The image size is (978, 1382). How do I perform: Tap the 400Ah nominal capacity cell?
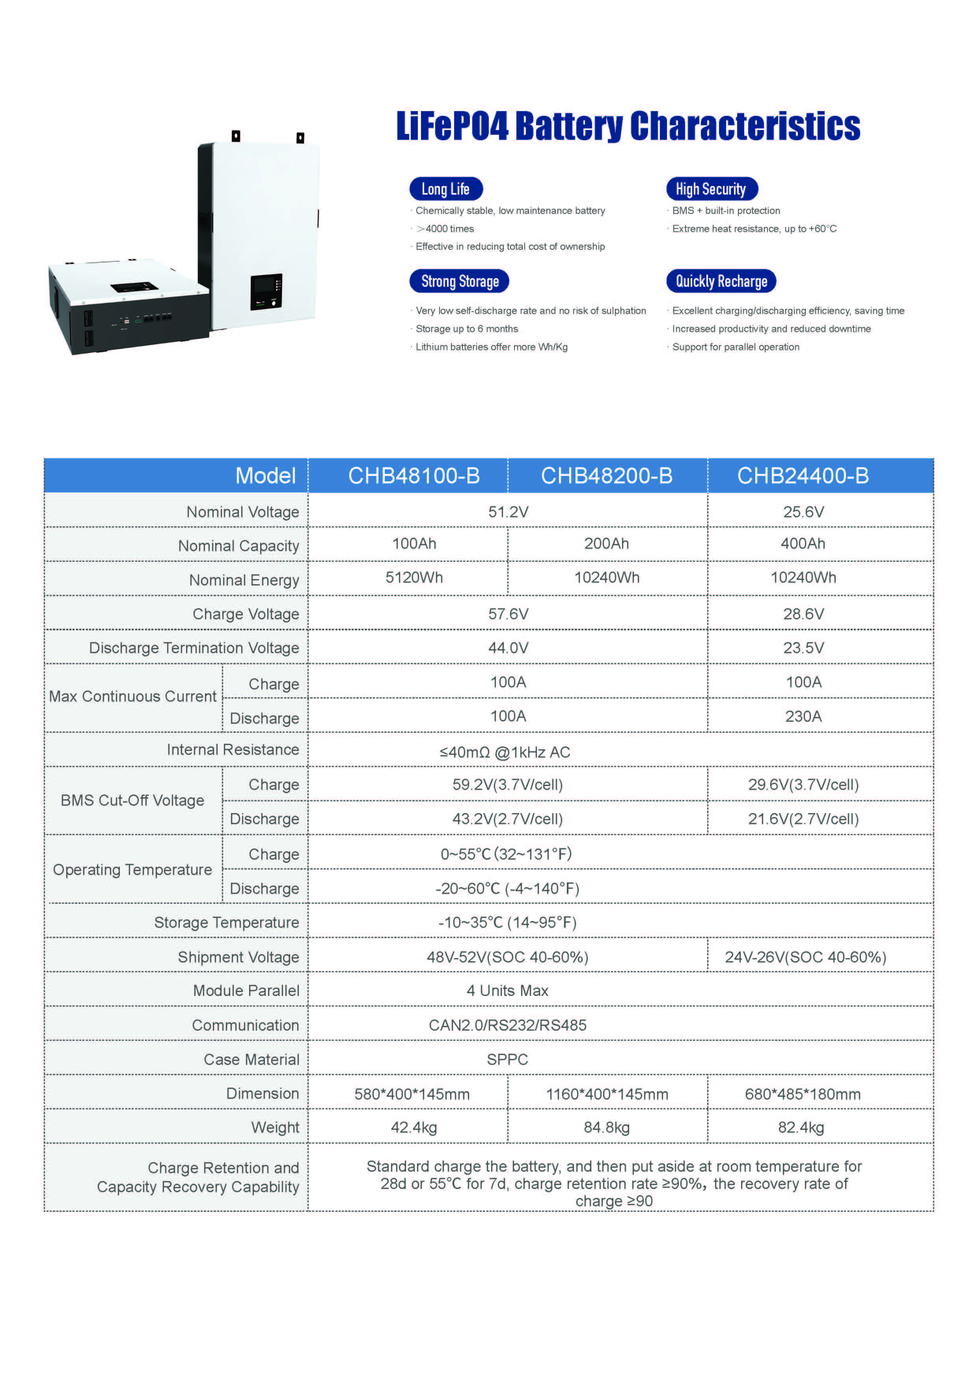(x=803, y=544)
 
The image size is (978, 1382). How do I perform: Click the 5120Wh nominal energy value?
(x=414, y=578)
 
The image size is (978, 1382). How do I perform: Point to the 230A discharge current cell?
(x=803, y=716)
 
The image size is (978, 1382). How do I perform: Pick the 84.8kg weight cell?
(x=606, y=1128)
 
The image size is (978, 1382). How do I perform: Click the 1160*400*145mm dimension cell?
(x=606, y=1094)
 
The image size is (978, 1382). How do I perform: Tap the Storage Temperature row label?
(x=226, y=922)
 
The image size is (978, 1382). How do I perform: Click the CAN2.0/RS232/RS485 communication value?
(x=507, y=1025)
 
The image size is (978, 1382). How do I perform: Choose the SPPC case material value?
(x=507, y=1059)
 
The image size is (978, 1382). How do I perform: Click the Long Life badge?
(x=446, y=189)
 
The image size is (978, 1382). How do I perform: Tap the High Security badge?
(x=711, y=189)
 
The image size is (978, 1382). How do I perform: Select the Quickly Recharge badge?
(x=721, y=281)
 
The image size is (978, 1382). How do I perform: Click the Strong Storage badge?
(x=460, y=281)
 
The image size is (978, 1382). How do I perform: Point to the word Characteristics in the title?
(x=745, y=126)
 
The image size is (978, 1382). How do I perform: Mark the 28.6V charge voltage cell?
(x=803, y=614)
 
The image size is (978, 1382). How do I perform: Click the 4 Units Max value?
(x=507, y=991)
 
